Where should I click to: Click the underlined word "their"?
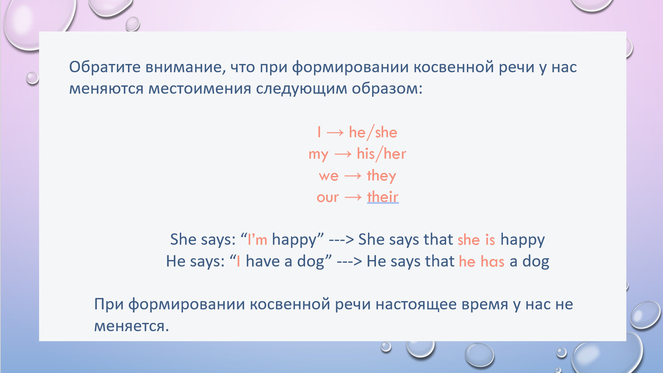click(x=383, y=197)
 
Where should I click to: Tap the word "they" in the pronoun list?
click(x=381, y=176)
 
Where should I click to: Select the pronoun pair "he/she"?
click(x=373, y=132)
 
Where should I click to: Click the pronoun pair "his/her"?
click(x=381, y=154)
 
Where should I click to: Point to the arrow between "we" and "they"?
click(x=353, y=176)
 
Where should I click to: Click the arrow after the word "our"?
click(x=353, y=198)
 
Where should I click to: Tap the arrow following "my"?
click(x=343, y=155)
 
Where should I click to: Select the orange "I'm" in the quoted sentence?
click(x=257, y=239)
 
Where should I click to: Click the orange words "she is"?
click(x=476, y=240)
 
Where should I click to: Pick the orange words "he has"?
click(x=482, y=261)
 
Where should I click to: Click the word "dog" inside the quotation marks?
click(x=311, y=261)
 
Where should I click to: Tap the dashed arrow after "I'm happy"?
click(x=341, y=240)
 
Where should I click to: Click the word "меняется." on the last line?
click(x=131, y=326)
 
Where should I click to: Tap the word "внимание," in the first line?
click(x=185, y=67)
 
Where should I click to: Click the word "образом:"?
click(x=387, y=88)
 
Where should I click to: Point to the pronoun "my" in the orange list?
click(x=318, y=155)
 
